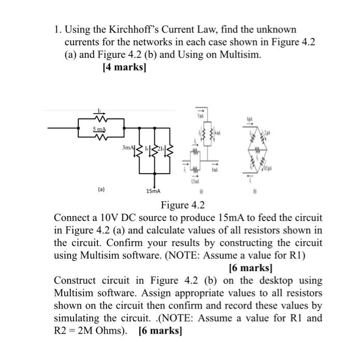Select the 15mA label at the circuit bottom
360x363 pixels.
click(153, 191)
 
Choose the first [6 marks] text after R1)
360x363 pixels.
click(251, 268)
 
